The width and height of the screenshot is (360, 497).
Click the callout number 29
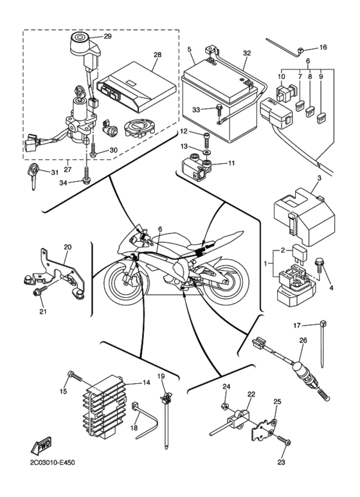107,37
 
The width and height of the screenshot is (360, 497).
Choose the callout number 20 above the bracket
67,246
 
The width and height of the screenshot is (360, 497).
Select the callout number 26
303,341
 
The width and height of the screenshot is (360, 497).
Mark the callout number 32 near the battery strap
248,53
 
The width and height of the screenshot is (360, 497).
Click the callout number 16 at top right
323,47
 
